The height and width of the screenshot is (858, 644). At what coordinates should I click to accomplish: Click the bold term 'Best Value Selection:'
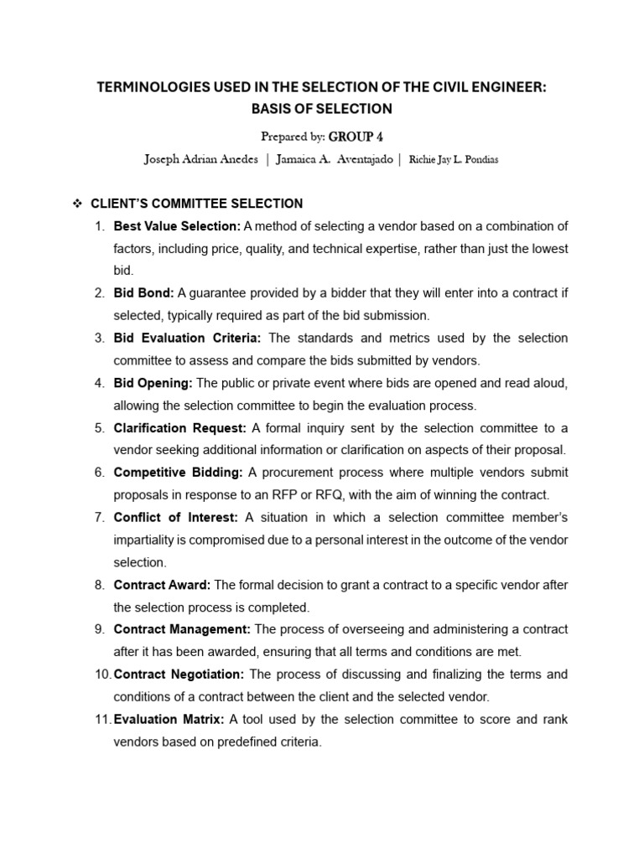click(x=177, y=226)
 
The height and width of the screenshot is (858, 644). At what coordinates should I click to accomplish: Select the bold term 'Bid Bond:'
click(x=143, y=293)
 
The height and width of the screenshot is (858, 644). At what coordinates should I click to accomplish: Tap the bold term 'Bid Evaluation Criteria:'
click(x=188, y=338)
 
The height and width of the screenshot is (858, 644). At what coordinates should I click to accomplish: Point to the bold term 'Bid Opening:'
click(x=153, y=383)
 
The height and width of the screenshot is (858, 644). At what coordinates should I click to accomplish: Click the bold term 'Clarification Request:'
click(x=180, y=427)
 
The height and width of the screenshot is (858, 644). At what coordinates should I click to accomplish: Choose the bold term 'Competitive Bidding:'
click(x=179, y=472)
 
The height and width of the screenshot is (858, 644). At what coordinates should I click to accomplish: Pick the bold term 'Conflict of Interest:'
click(x=176, y=517)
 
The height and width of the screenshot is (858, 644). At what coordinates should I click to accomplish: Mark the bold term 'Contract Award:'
click(x=163, y=584)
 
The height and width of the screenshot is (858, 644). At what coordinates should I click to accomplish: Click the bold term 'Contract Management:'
click(x=182, y=628)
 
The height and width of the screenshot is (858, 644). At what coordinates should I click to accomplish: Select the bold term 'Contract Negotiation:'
click(x=179, y=674)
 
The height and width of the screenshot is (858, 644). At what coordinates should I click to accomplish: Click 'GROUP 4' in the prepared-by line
click(x=356, y=137)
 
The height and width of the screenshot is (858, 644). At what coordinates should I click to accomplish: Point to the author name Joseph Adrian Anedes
click(x=201, y=159)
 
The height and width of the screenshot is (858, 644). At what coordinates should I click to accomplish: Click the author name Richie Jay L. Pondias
click(x=454, y=160)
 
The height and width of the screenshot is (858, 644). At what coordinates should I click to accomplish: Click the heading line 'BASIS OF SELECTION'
click(x=322, y=109)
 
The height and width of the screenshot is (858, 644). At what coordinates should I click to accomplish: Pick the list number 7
click(x=99, y=517)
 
